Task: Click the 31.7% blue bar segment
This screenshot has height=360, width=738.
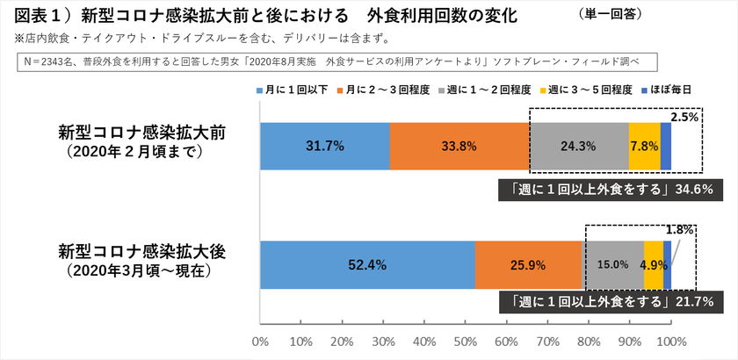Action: click(325, 143)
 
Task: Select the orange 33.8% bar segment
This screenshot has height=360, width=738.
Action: click(459, 143)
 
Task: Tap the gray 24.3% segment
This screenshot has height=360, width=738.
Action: click(579, 143)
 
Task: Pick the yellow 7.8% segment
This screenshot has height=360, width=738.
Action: click(644, 143)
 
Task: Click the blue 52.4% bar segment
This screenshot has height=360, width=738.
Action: click(367, 264)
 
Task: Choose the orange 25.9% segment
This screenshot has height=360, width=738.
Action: click(528, 264)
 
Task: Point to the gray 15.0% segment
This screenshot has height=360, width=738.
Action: click(612, 264)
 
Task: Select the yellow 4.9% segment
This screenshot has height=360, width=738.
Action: click(653, 264)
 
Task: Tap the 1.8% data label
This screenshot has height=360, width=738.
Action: click(680, 230)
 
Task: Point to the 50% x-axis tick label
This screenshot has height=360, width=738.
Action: click(466, 342)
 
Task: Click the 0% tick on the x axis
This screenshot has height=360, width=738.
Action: click(260, 342)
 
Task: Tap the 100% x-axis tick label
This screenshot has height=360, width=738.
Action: click(671, 342)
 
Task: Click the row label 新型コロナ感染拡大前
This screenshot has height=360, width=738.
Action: click(142, 133)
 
